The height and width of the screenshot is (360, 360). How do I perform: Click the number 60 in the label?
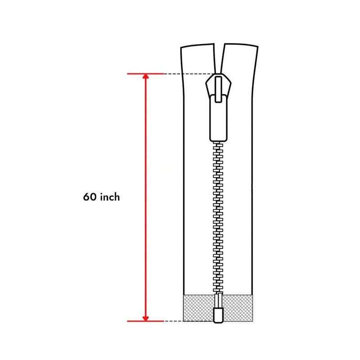coord(90,197)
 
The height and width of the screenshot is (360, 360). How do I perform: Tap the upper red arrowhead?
coord(145,76)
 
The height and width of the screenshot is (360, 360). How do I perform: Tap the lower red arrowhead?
coord(145,319)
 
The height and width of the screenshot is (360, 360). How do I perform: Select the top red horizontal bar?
coord(145,74)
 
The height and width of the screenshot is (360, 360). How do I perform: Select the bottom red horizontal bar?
coord(145,321)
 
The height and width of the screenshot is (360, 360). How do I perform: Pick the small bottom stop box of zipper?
coord(218,315)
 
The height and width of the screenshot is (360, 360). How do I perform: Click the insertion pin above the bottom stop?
coord(218,301)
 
